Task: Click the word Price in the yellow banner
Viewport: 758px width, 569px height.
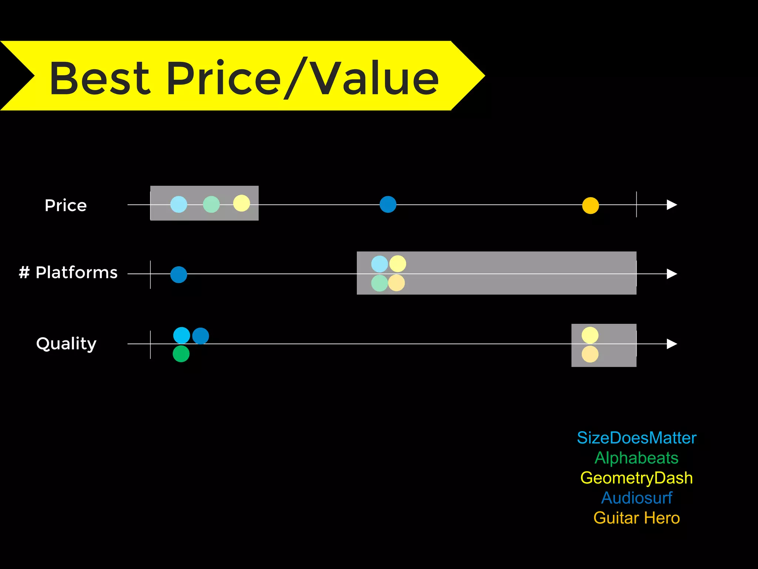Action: (224, 79)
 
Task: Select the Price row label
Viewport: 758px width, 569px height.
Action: (66, 205)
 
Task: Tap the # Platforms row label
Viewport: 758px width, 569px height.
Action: (68, 273)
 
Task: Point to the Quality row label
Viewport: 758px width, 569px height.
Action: (67, 344)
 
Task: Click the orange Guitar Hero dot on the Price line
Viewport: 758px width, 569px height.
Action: (590, 206)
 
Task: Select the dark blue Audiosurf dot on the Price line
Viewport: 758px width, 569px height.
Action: (388, 204)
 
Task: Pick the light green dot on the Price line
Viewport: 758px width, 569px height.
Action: (211, 204)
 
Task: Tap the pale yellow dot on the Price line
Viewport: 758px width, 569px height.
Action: (242, 203)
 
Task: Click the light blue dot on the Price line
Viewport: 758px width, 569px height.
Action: (179, 204)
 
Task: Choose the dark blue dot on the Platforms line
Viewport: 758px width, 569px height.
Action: (179, 274)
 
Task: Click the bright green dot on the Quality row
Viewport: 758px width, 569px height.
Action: (181, 354)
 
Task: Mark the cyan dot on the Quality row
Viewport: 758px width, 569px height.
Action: (182, 336)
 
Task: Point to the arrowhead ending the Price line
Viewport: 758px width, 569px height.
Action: (672, 204)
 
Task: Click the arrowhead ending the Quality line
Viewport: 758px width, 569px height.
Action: (672, 344)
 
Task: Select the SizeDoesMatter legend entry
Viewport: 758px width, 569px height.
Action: (637, 438)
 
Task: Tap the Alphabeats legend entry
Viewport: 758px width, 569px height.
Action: (637, 458)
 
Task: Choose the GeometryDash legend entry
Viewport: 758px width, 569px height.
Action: (637, 478)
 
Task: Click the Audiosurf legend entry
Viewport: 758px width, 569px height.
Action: (637, 498)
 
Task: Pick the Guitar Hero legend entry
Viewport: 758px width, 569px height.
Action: (637, 518)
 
